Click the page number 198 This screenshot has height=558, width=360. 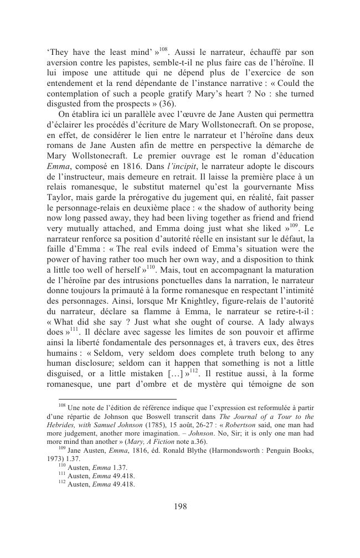click(x=179, y=505)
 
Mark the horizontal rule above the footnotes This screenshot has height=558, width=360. click(x=111, y=399)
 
